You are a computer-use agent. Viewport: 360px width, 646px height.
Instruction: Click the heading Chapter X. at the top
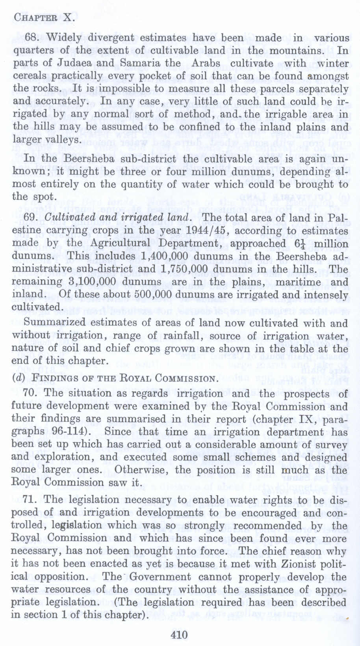tap(43, 17)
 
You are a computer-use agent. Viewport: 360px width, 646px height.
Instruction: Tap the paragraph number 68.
tap(33, 38)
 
